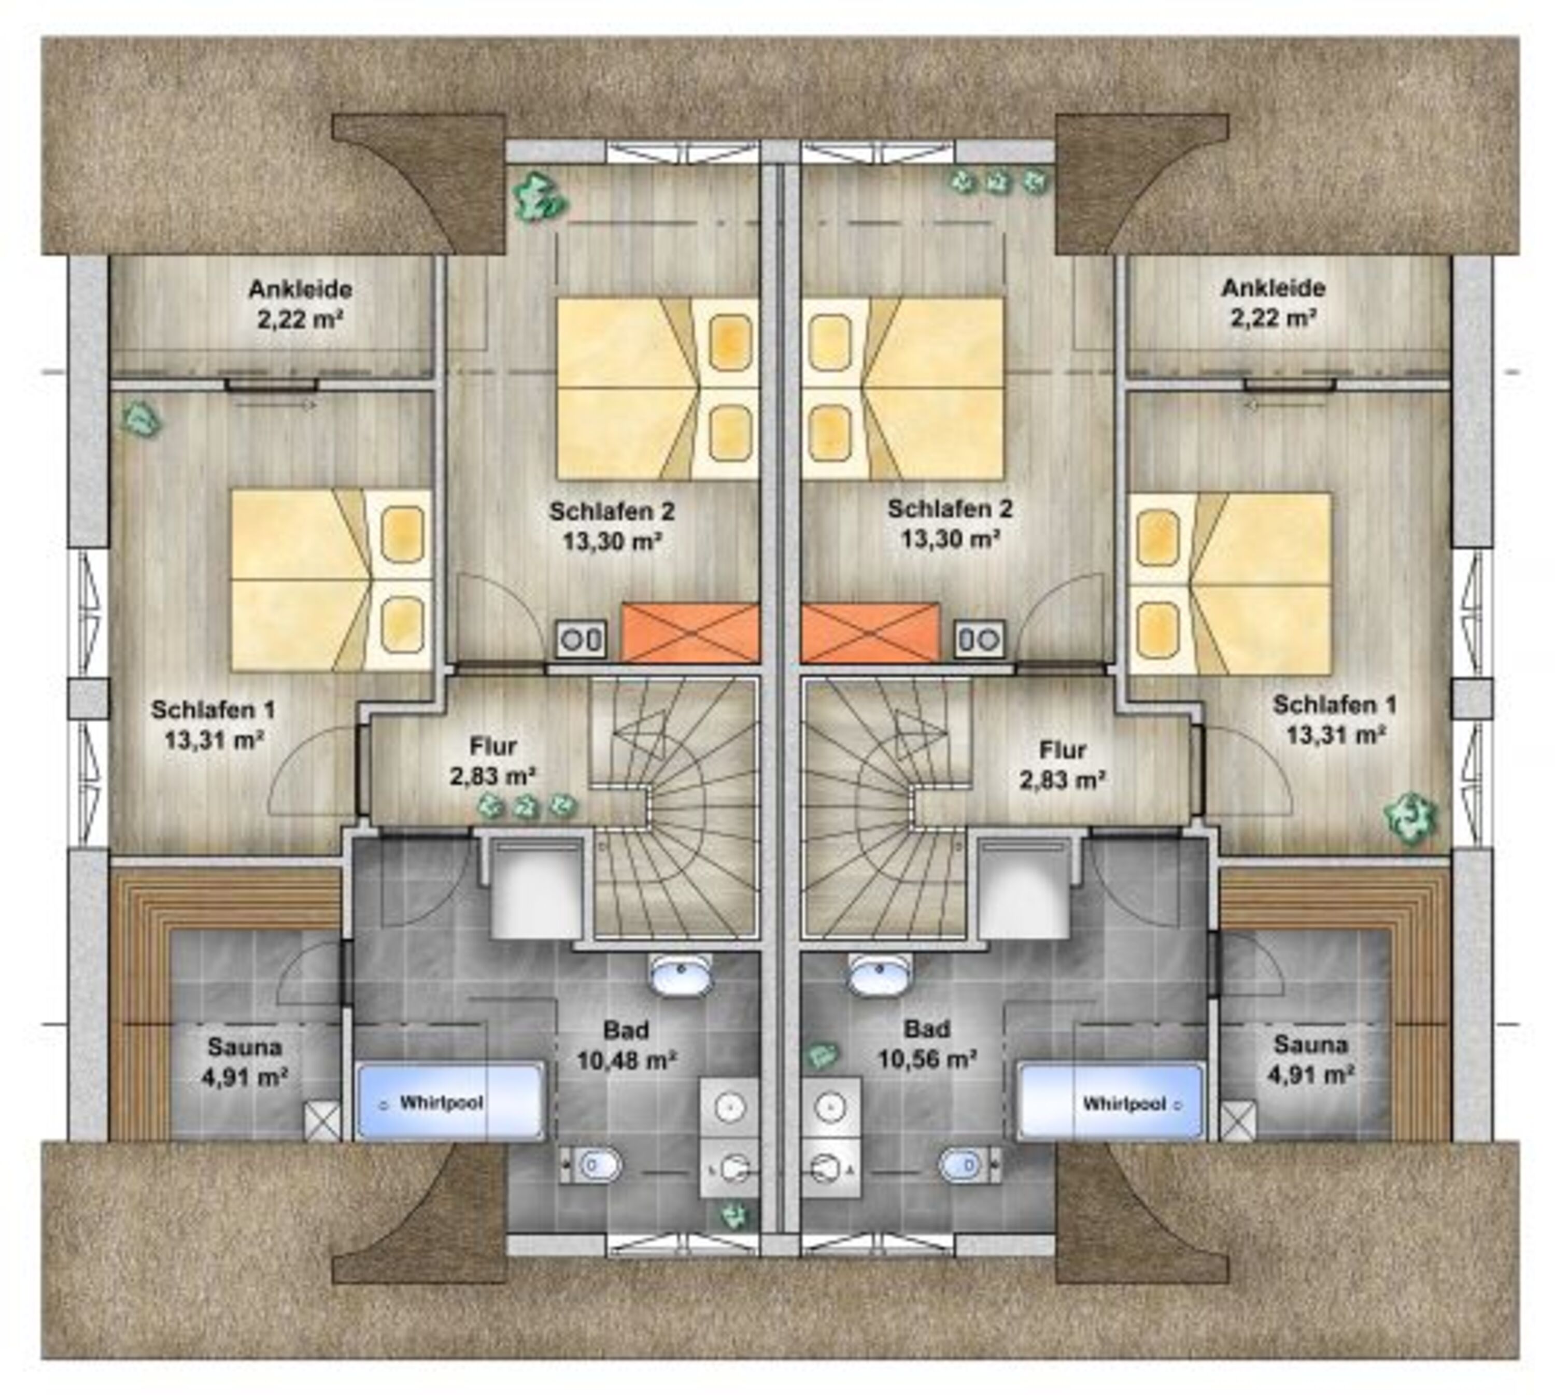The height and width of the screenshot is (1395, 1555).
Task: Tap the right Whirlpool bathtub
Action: point(1110,1101)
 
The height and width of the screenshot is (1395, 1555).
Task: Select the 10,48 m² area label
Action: point(627,1061)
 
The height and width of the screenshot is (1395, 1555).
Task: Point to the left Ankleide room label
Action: point(300,290)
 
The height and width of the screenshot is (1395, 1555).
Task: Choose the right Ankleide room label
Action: point(1274,288)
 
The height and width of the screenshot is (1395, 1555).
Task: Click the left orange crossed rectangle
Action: point(690,632)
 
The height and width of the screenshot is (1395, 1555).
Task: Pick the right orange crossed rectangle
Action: point(870,632)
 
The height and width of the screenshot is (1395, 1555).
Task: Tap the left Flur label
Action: point(493,746)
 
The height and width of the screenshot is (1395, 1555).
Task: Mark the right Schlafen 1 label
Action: point(1335,704)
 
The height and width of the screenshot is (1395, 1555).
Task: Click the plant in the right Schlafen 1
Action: point(1409,819)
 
